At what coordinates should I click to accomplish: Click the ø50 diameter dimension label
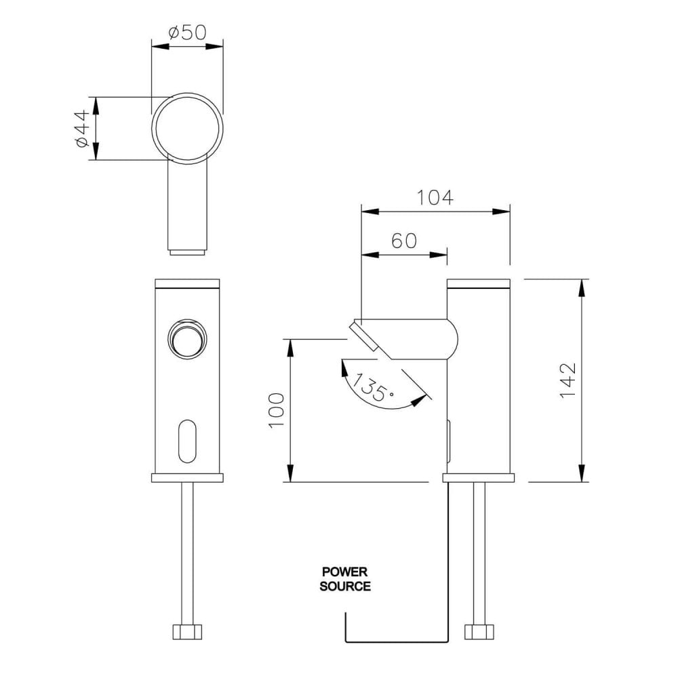[188, 33]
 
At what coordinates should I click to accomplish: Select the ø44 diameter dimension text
[82, 128]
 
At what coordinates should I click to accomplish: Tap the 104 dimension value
[435, 197]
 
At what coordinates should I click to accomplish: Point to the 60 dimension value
[404, 241]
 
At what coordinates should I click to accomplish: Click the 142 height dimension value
[568, 380]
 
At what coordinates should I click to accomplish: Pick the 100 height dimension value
[277, 410]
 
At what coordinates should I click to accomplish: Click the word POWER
[344, 572]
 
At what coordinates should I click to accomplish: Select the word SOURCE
[345, 586]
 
